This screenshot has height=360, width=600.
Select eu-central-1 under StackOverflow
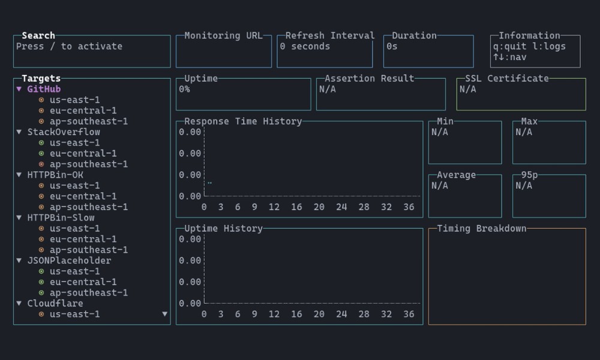click(83, 154)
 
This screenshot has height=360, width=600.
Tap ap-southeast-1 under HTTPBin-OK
click(88, 207)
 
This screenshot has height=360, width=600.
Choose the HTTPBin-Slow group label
click(61, 218)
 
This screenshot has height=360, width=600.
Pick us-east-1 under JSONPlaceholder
click(74, 271)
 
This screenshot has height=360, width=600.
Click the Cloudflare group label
click(55, 304)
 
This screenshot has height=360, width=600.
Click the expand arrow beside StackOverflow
click(19, 132)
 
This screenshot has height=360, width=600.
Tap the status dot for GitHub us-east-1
click(41, 100)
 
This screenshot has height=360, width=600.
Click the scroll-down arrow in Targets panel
click(165, 314)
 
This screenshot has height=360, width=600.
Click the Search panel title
click(38, 36)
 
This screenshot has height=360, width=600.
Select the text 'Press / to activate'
click(69, 46)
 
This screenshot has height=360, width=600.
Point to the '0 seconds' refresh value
click(305, 46)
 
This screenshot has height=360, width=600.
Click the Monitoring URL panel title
click(223, 36)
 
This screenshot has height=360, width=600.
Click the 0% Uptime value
click(184, 89)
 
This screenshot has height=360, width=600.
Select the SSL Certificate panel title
click(507, 79)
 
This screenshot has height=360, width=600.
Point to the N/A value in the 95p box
click(524, 185)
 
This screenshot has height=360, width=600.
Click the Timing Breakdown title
click(481, 229)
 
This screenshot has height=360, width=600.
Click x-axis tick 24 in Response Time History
click(341, 207)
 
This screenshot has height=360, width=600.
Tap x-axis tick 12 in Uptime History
click(274, 314)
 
